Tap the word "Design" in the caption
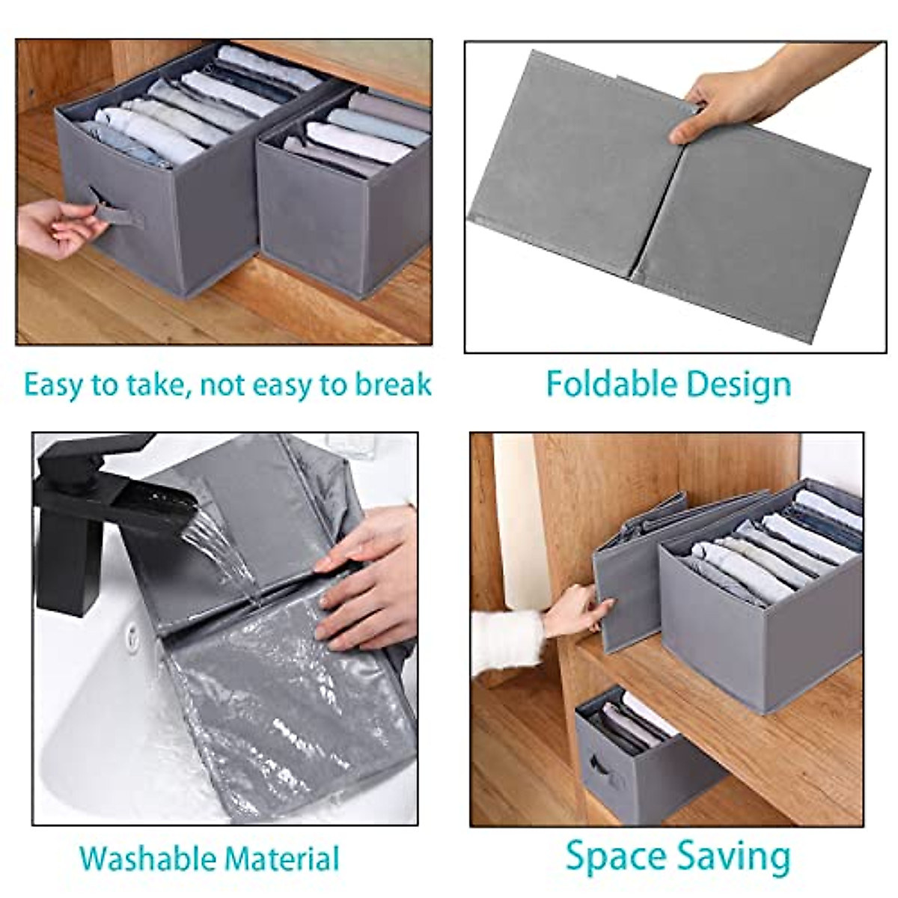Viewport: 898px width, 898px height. pos(738,384)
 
